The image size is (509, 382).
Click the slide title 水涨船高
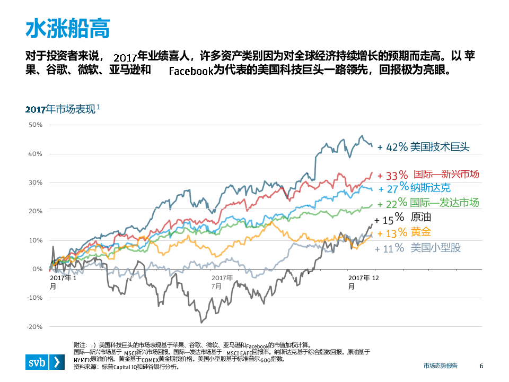pos(68,30)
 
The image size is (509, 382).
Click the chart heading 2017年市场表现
pos(63,110)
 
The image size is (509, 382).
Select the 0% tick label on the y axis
pos(38,269)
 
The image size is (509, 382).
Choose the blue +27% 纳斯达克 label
pos(414,188)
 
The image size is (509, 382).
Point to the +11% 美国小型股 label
pos(418,248)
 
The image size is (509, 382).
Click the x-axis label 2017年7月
pos(222,282)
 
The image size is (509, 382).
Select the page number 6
pos(481,366)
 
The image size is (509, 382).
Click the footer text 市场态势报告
pos(440,366)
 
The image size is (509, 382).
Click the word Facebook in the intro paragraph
pos(191,71)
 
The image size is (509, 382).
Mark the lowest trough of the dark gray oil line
pos(201,322)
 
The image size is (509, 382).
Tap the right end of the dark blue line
pos(372,146)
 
